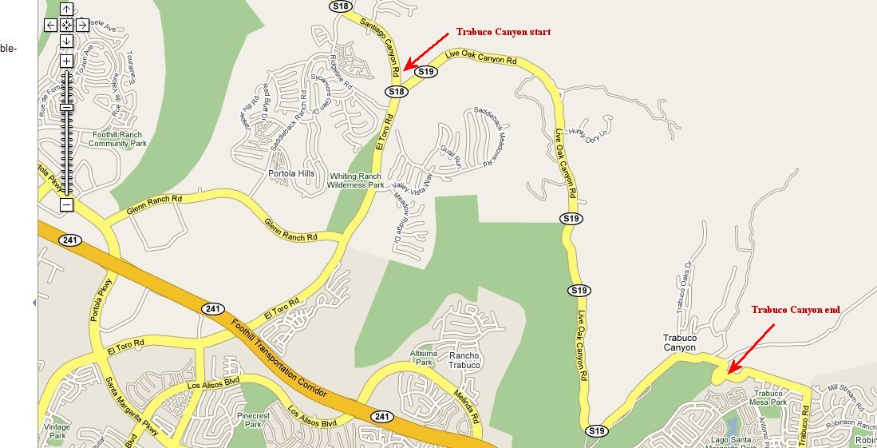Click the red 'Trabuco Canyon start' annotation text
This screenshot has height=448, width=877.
click(503, 33)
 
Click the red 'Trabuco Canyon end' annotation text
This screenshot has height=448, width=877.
click(795, 310)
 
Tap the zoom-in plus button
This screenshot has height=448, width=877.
click(66, 61)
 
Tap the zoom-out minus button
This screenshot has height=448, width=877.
click(66, 205)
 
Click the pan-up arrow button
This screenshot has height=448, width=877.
click(66, 10)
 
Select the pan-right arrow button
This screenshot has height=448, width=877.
click(82, 25)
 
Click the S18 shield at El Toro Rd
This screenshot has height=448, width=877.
click(397, 92)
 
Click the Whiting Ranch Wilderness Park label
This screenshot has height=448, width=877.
click(356, 180)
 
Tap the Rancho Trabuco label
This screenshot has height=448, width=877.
click(464, 360)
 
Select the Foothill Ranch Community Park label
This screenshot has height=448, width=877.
click(117, 140)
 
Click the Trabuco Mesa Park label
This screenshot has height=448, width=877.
click(770, 398)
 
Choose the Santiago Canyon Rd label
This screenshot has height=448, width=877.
click(374, 41)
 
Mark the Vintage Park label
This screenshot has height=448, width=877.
click(57, 432)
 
